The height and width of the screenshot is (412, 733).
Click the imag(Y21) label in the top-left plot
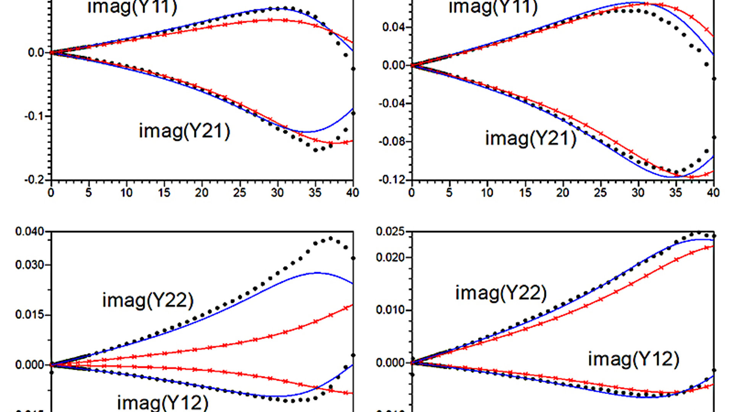(x=184, y=131)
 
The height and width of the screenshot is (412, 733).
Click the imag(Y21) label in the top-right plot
(x=530, y=138)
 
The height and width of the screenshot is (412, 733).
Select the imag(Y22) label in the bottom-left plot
(x=148, y=300)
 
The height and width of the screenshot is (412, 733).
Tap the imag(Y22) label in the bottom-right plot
(x=501, y=293)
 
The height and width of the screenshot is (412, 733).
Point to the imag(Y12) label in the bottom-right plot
(x=633, y=359)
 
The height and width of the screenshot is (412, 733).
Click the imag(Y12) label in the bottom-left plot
(x=163, y=402)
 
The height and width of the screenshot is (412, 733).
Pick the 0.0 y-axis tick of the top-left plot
(x=37, y=53)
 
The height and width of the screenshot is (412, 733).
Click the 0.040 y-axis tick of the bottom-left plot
(x=30, y=232)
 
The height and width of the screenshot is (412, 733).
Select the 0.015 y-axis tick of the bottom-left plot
(x=30, y=315)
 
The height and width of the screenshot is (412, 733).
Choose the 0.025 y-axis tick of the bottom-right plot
(x=390, y=232)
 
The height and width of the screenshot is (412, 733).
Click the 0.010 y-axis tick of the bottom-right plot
(x=390, y=310)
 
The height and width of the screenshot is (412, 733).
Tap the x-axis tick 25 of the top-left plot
(x=239, y=193)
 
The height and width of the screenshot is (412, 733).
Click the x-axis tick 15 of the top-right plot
(x=525, y=193)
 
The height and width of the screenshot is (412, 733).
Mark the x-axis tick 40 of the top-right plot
(x=713, y=193)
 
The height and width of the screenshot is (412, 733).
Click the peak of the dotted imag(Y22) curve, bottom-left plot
(x=330, y=239)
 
